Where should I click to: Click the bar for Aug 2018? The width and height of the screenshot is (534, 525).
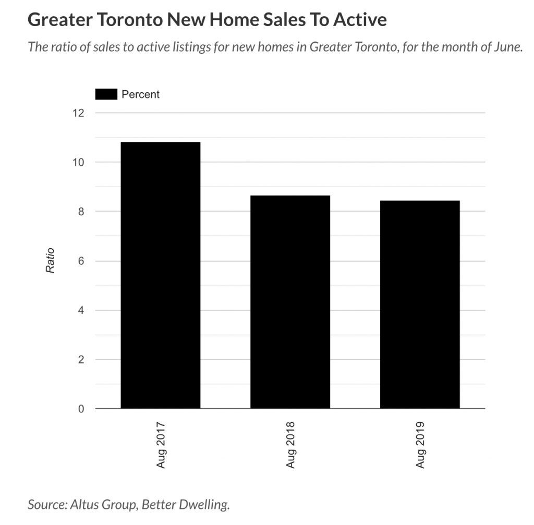click(x=290, y=302)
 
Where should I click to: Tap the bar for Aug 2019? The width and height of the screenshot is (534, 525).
click(x=420, y=304)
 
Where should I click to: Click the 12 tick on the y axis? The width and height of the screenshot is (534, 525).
click(x=78, y=113)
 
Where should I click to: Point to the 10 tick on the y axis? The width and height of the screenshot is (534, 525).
click(x=78, y=162)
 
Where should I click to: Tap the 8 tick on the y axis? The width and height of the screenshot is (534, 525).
click(x=81, y=212)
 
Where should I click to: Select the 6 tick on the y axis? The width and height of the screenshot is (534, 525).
click(x=81, y=261)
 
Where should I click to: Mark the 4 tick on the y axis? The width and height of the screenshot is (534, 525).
click(x=81, y=310)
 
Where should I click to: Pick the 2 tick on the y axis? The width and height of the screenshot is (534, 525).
click(x=81, y=360)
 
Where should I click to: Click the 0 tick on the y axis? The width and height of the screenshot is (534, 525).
click(x=81, y=409)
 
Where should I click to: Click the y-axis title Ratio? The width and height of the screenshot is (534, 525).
click(x=51, y=261)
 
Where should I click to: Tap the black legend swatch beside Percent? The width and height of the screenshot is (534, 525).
click(x=106, y=94)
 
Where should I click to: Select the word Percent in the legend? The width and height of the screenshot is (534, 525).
click(x=140, y=94)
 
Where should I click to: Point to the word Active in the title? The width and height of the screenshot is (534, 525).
click(x=360, y=20)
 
